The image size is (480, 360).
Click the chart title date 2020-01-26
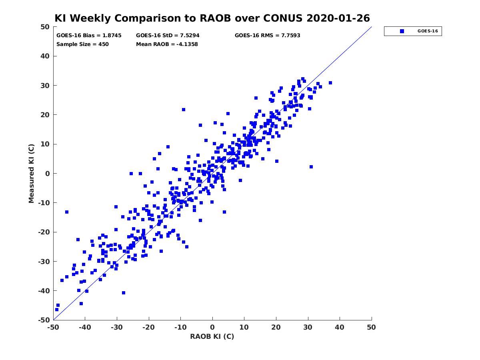point(338,18)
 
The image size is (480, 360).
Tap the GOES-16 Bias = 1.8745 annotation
point(89,36)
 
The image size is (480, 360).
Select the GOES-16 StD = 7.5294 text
point(168,36)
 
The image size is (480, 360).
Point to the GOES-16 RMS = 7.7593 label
point(267,36)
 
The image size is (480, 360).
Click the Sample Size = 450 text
point(82,44)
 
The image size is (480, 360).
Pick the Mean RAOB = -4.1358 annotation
point(167,44)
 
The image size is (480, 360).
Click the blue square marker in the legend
point(402,31)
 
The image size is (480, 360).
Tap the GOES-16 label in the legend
point(428,31)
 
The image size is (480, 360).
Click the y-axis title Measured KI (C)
point(31,173)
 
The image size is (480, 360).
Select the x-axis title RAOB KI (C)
point(212,336)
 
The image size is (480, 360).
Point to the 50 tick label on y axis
point(45,27)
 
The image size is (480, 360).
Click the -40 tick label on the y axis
point(44,291)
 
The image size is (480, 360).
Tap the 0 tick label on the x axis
point(212,327)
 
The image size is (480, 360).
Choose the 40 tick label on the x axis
point(340,327)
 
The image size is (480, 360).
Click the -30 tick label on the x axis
point(117,327)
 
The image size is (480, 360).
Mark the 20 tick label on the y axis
point(45,115)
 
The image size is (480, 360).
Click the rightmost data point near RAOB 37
point(330,83)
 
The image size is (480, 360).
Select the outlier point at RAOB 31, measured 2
point(311,167)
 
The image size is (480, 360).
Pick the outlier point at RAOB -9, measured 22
point(184,110)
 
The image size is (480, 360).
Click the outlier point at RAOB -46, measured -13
point(67,212)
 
